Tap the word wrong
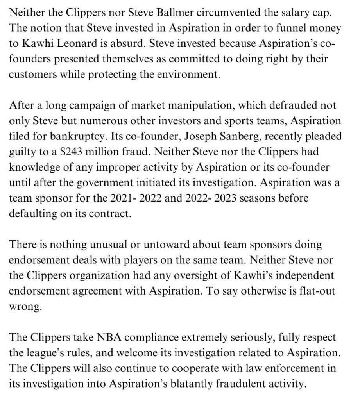pos(24,306)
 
